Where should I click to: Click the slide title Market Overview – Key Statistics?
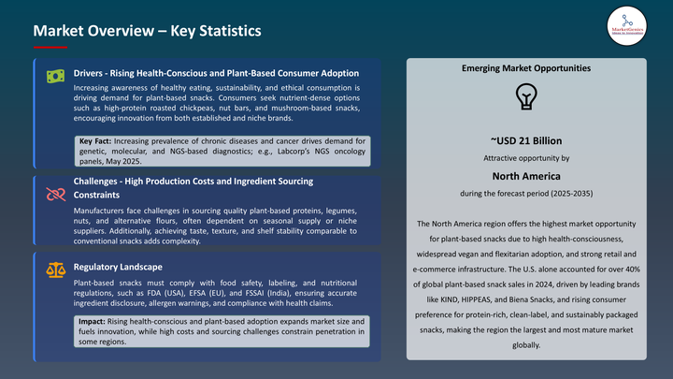pos(147,31)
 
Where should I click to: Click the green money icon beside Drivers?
pos(55,77)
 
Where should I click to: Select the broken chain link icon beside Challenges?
pos(55,194)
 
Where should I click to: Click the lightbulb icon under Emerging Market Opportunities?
pos(526,97)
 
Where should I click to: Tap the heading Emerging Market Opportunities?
pos(526,68)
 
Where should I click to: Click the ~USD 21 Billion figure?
pos(526,140)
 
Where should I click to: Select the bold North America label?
pos(526,175)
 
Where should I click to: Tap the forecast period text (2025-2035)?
pos(526,193)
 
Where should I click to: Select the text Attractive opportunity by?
pos(526,158)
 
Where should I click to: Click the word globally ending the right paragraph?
pos(526,344)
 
